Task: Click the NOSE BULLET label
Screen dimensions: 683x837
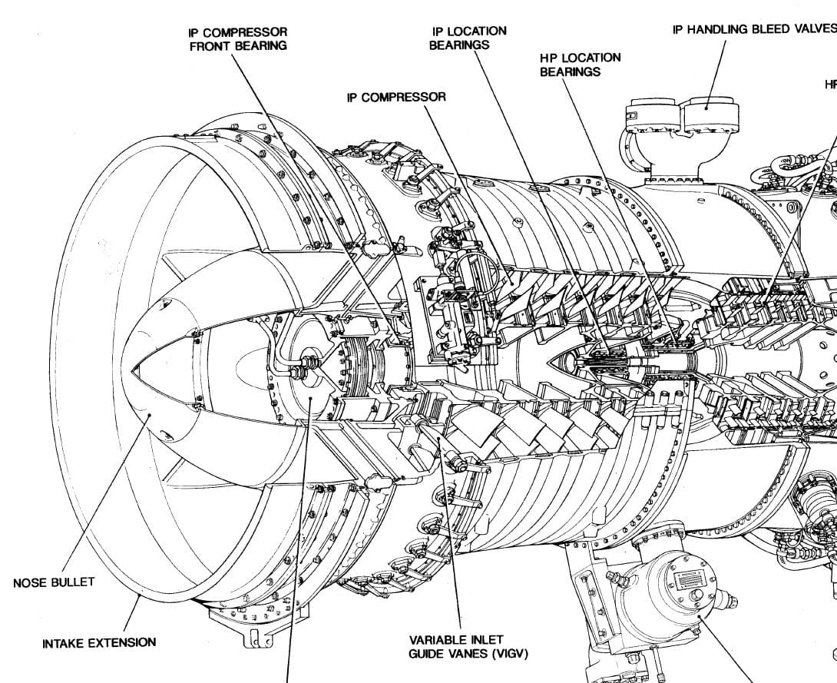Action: point(54,582)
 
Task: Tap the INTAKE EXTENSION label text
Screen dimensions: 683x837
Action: point(99,642)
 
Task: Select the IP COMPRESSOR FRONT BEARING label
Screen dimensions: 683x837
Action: point(238,38)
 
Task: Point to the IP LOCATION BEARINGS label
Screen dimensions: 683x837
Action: point(468,38)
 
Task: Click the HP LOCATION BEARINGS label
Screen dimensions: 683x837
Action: point(580,65)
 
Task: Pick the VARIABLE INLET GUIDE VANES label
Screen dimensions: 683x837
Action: point(457,646)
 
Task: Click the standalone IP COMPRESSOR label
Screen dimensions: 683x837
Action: point(396,98)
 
